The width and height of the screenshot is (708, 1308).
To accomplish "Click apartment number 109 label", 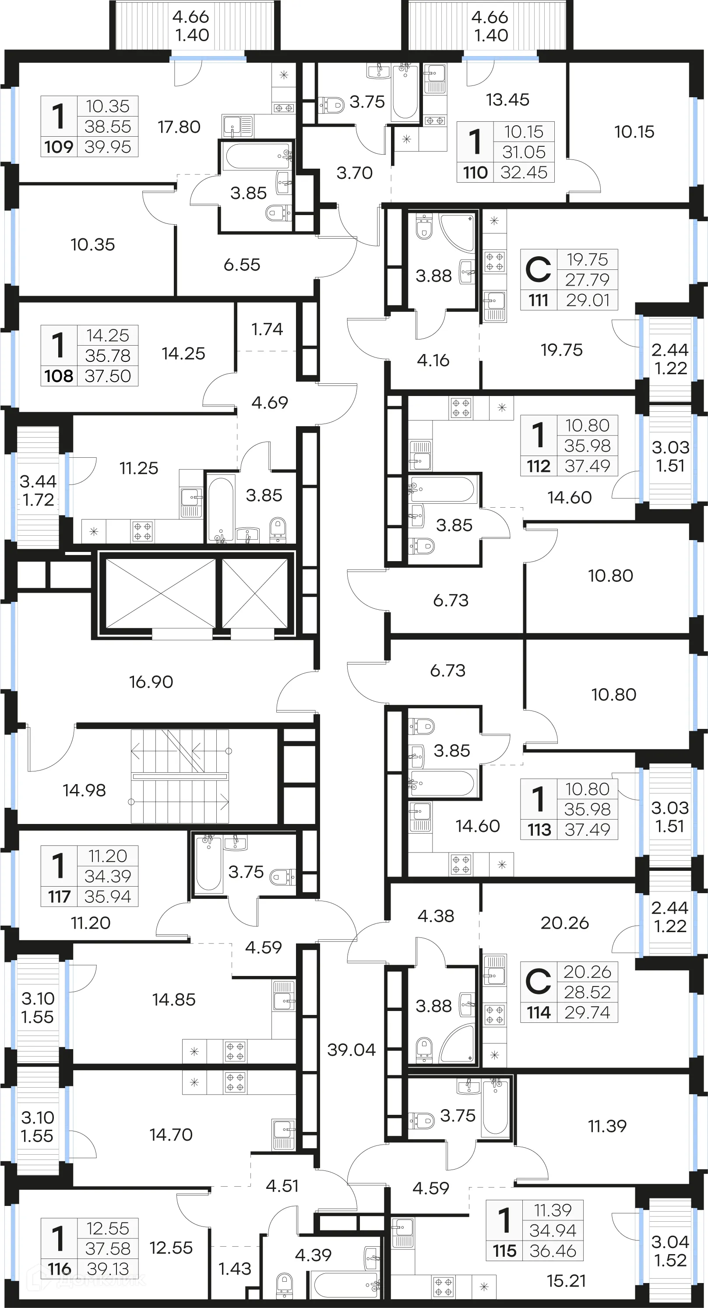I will coord(58,147).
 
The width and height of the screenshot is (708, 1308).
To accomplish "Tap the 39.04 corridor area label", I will coord(351,1049).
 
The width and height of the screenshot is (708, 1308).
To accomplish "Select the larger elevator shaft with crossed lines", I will coord(160,594).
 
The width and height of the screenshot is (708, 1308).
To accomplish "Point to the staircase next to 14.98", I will coord(180,776).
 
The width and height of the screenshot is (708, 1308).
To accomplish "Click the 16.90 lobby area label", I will coord(151,682).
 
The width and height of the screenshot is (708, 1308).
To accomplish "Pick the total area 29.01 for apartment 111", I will coord(587,300).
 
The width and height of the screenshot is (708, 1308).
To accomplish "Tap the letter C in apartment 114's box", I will coord(538,982).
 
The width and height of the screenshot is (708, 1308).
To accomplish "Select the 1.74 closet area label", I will coord(267,329).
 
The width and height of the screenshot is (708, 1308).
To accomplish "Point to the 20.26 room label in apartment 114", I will coord(564,923).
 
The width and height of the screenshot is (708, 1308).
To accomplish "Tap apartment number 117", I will coord(59,897).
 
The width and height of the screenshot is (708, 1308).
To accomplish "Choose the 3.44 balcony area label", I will coord(38,481).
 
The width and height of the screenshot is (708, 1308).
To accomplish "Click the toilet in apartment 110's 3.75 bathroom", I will coord(332,105).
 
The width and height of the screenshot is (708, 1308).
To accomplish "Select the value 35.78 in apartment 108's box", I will coord(108,355).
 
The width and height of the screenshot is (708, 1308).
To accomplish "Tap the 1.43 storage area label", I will coord(235,1269).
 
